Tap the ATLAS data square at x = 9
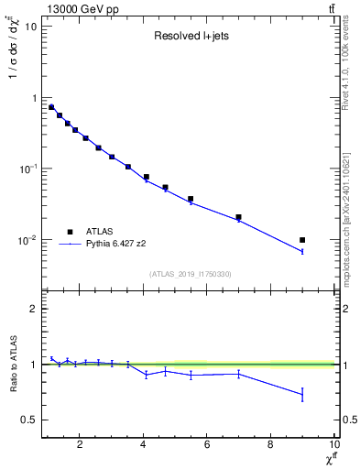[302, 240]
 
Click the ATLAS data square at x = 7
[238, 217]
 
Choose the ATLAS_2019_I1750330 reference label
[190, 274]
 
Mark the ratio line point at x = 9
[302, 395]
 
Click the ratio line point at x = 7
[238, 373]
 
